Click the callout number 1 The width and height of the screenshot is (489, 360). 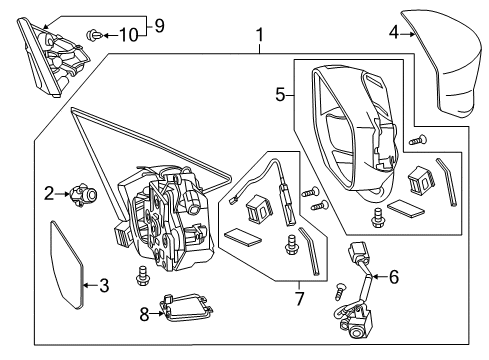point(259,35)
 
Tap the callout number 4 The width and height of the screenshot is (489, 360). point(394,33)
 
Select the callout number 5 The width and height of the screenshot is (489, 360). point(280,95)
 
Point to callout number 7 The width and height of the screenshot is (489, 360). point(299,298)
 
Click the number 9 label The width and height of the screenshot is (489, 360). point(159,26)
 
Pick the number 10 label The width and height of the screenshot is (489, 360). point(129,35)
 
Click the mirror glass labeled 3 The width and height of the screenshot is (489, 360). point(66,265)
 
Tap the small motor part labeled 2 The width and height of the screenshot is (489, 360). point(83,194)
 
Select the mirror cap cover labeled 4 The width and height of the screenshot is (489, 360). point(443,63)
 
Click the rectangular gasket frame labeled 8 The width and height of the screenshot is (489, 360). point(187,309)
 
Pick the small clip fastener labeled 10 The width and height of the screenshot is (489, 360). point(94,35)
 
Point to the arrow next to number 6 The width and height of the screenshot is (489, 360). point(378,277)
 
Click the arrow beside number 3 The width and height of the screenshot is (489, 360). point(89,285)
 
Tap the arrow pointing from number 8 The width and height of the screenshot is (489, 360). point(157,313)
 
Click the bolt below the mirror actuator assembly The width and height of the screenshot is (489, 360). point(142,275)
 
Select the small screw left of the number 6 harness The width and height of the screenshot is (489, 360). point(340,290)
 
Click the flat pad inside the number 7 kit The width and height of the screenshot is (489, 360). point(243,237)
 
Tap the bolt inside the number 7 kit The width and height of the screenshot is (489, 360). point(291,245)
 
